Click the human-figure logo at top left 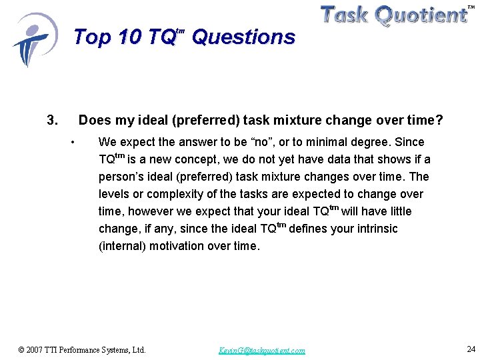tap(33, 40)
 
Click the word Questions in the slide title tap(243, 37)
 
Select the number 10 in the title tap(130, 37)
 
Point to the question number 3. tap(53, 121)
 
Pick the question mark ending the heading tap(439, 121)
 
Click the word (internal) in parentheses tap(123, 246)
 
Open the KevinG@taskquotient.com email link tap(262, 350)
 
